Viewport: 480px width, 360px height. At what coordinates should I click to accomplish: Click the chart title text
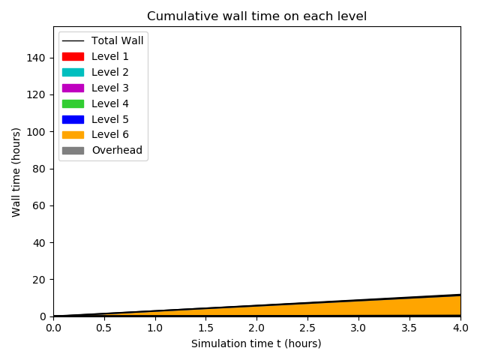coord(256,16)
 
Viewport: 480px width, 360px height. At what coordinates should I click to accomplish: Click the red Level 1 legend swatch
coord(73,56)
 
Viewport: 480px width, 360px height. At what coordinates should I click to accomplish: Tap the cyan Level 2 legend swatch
coord(73,72)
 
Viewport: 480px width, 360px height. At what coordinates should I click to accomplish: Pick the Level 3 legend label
coord(110,88)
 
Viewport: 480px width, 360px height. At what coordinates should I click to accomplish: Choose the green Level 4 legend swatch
coord(73,103)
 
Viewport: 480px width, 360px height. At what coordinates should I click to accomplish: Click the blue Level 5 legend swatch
coord(73,119)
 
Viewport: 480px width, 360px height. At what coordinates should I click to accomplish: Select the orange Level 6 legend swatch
coord(73,134)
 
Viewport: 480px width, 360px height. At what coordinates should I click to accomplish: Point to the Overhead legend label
coord(117,150)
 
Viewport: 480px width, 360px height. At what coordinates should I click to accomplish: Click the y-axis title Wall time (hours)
coord(16,172)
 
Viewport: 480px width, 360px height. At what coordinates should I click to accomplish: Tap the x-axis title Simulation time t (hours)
coord(256,343)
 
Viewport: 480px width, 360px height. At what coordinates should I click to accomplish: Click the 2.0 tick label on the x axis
coord(256,328)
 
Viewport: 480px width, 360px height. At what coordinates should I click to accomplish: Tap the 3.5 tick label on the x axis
coord(409,328)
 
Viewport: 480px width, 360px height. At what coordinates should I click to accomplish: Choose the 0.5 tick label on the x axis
coord(103,328)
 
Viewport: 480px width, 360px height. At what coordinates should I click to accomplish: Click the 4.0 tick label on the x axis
coord(460,328)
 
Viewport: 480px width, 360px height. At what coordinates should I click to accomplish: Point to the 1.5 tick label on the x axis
coord(205,328)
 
